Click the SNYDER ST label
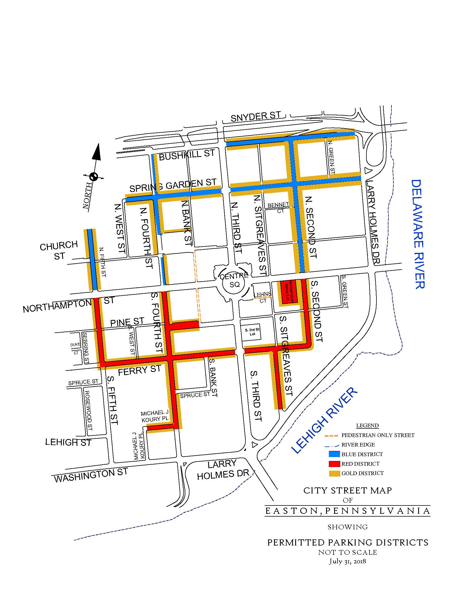click(255, 116)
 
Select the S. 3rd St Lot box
click(252, 332)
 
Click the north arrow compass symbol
click(94, 177)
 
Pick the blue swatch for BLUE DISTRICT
click(334, 454)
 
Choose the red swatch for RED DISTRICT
click(334, 464)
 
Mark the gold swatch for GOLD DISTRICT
click(334, 473)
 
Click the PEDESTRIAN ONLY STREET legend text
click(378, 435)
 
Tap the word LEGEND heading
click(367, 426)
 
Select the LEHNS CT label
click(263, 297)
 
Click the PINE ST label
click(127, 322)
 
